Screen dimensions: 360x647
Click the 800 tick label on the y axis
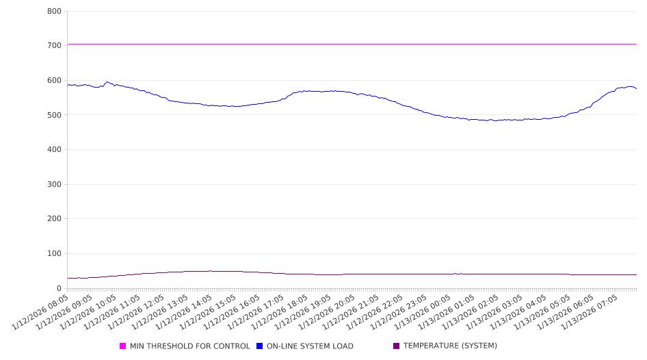[x=54, y=11]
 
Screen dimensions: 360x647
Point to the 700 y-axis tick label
[x=54, y=46]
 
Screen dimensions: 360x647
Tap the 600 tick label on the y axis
[x=54, y=80]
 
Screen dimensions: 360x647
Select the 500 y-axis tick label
[x=54, y=115]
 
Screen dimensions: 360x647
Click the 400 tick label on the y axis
[x=54, y=149]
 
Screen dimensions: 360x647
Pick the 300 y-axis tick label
[x=54, y=184]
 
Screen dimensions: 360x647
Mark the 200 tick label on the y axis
[x=54, y=219]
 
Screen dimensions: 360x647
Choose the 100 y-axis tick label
[x=54, y=253]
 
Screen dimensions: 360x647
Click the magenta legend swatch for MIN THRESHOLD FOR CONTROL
[x=123, y=346]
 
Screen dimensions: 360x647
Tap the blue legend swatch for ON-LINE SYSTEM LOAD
[x=260, y=346]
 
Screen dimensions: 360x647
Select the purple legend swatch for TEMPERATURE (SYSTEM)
[x=397, y=346]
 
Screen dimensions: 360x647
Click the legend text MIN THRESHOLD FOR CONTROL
[x=190, y=346]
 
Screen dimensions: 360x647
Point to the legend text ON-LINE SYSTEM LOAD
[x=310, y=346]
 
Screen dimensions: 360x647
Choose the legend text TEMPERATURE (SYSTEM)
[x=450, y=346]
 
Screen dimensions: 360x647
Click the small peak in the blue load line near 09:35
[x=107, y=82]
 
